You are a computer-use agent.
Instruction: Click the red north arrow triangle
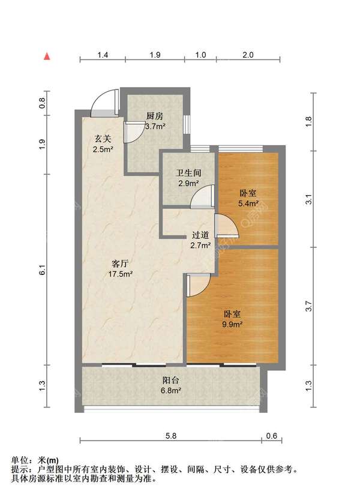click(47, 56)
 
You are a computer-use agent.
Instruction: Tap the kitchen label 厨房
click(154, 116)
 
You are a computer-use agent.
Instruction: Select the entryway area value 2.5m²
click(103, 149)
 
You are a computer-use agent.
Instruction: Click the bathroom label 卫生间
click(188, 173)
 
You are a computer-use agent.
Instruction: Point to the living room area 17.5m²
click(120, 274)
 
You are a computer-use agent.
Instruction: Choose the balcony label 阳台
click(171, 380)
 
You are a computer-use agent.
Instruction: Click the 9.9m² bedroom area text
click(232, 324)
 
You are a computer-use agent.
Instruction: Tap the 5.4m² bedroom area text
click(248, 203)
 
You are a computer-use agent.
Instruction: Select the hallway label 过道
click(200, 235)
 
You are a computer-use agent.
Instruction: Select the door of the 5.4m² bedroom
click(226, 226)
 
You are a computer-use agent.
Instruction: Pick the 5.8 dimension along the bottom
click(171, 435)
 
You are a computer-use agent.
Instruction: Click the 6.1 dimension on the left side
click(43, 270)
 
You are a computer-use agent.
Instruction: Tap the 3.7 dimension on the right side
click(308, 307)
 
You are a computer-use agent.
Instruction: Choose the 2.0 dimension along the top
click(248, 55)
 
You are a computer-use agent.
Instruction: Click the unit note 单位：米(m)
click(35, 460)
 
